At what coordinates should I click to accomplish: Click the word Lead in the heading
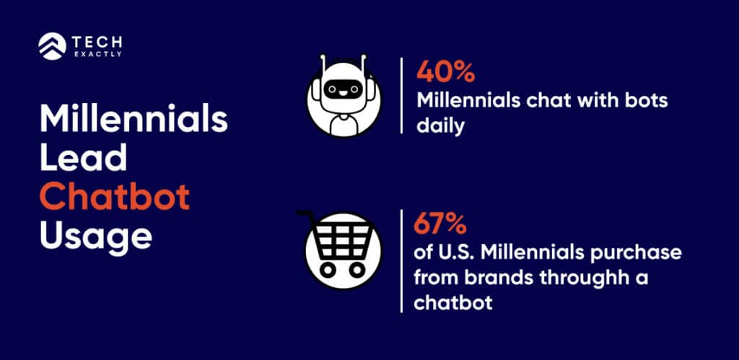coord(84,157)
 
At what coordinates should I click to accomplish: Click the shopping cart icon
coord(337,249)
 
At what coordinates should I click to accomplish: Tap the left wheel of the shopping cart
coord(324,270)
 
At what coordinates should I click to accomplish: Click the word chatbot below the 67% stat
coord(452,302)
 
